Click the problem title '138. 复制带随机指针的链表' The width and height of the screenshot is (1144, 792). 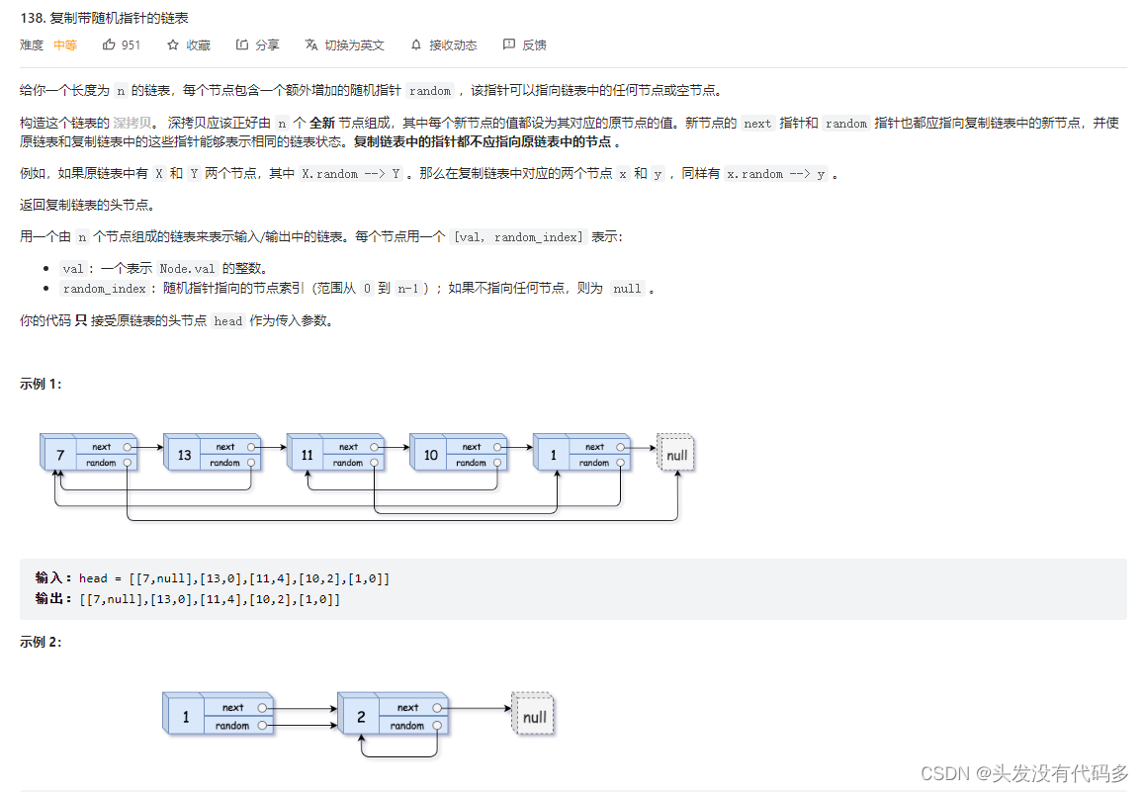(105, 18)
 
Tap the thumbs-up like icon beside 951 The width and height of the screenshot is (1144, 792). (109, 44)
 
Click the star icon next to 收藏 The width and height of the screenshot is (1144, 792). (173, 45)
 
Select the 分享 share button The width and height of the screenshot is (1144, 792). (257, 45)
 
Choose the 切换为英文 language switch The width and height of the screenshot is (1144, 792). (344, 45)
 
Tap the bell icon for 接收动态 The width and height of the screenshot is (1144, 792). (416, 45)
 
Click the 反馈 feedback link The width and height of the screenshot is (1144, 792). (525, 45)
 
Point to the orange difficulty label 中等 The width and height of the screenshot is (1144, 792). (65, 45)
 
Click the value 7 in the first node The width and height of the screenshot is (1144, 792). (60, 455)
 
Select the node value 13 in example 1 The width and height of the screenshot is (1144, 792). (184, 455)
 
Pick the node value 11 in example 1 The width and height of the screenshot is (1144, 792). (308, 455)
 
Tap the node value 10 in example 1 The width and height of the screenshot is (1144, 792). (430, 455)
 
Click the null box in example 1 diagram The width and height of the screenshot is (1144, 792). (675, 454)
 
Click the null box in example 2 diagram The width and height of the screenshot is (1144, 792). (533, 715)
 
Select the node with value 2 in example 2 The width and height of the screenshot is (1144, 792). (394, 714)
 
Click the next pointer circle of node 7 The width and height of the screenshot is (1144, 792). (128, 447)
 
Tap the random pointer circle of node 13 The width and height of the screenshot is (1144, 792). (251, 463)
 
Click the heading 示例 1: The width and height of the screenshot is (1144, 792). (41, 385)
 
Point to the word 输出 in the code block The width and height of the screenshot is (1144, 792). (49, 599)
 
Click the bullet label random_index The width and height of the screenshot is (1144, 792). (105, 289)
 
